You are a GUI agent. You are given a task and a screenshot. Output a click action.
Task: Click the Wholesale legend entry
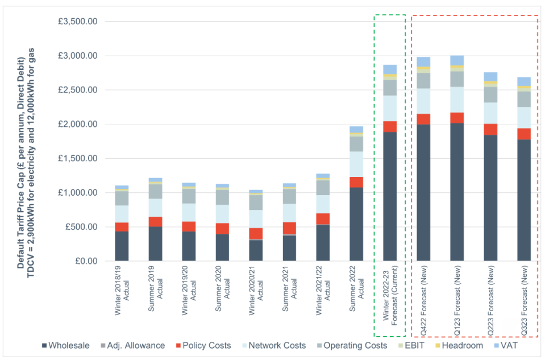65,345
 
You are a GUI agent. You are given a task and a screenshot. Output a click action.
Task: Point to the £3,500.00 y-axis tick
78,22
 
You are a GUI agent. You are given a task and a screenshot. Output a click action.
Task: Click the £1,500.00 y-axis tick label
78,159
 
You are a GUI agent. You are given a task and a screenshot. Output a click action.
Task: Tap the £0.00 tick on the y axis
86,261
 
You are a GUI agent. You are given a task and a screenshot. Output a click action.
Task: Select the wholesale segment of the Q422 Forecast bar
423,193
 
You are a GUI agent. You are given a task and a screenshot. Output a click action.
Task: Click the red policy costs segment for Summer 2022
356,181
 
